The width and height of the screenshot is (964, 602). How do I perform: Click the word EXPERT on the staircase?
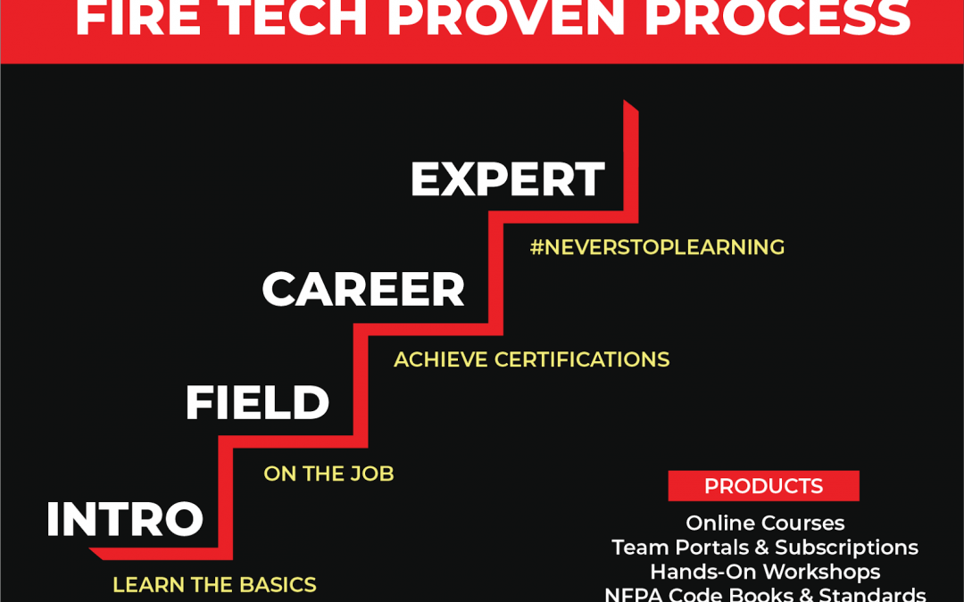click(x=508, y=179)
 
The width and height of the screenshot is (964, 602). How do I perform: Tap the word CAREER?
click(x=363, y=289)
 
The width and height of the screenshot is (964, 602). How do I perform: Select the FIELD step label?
click(x=257, y=403)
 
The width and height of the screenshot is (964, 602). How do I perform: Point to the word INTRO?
click(x=125, y=519)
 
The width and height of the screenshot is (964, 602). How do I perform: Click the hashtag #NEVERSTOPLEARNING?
click(x=657, y=247)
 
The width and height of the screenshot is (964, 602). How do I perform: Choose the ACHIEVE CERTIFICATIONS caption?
click(x=532, y=359)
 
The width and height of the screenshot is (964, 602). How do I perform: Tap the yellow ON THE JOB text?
click(x=328, y=474)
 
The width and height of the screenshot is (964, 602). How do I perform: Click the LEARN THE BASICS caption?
click(x=214, y=585)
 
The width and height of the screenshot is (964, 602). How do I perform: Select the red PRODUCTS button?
click(x=763, y=486)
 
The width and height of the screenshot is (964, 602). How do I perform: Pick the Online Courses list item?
click(x=766, y=524)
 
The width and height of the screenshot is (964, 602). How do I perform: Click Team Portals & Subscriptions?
click(x=766, y=548)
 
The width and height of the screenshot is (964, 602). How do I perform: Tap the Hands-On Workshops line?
click(x=766, y=572)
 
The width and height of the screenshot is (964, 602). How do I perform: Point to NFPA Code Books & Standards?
click(x=766, y=594)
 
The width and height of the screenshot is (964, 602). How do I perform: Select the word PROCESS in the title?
click(x=777, y=19)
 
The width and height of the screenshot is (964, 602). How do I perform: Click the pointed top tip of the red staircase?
click(x=625, y=101)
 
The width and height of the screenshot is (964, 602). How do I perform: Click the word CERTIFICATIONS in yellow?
click(x=582, y=359)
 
